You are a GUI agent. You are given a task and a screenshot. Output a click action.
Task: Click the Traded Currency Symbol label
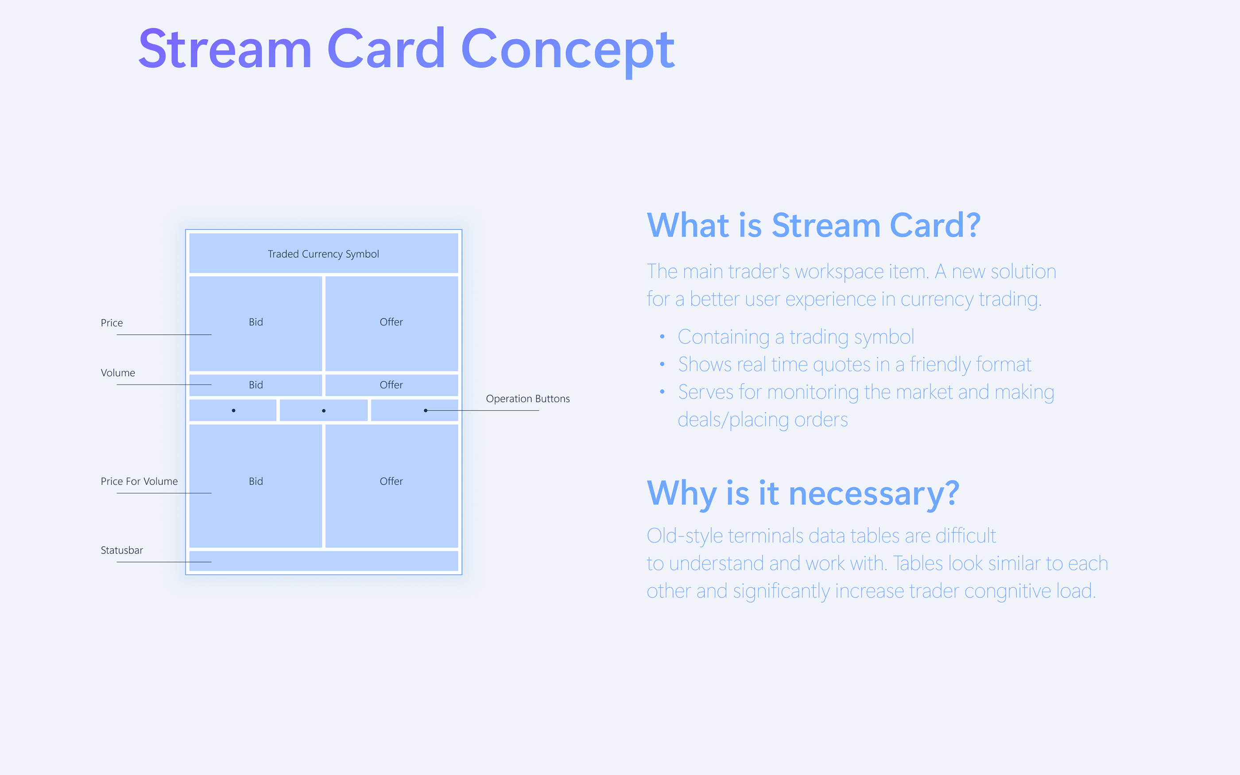(323, 254)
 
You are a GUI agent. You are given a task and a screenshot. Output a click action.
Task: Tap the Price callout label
(112, 323)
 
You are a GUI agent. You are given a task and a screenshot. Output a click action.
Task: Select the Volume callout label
(118, 372)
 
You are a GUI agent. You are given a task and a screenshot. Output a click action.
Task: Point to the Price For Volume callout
(139, 481)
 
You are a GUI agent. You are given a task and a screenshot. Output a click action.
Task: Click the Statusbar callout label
(122, 550)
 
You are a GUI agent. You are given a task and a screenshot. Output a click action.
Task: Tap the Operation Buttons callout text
(528, 399)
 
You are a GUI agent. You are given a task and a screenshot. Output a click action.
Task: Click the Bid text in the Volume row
(256, 385)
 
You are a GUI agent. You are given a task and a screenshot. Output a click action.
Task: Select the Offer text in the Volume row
(391, 385)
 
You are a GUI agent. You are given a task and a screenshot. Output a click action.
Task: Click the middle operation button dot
(324, 411)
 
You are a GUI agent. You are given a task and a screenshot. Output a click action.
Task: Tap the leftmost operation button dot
(234, 411)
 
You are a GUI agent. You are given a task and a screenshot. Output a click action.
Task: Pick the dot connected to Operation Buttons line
(426, 411)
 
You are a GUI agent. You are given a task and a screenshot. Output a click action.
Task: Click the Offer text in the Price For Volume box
(391, 481)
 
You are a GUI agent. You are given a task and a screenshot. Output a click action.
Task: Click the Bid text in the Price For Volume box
(256, 481)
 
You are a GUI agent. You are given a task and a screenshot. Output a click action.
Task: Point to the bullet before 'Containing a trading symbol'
(662, 337)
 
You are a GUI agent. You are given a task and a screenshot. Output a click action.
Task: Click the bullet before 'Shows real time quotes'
(662, 364)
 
